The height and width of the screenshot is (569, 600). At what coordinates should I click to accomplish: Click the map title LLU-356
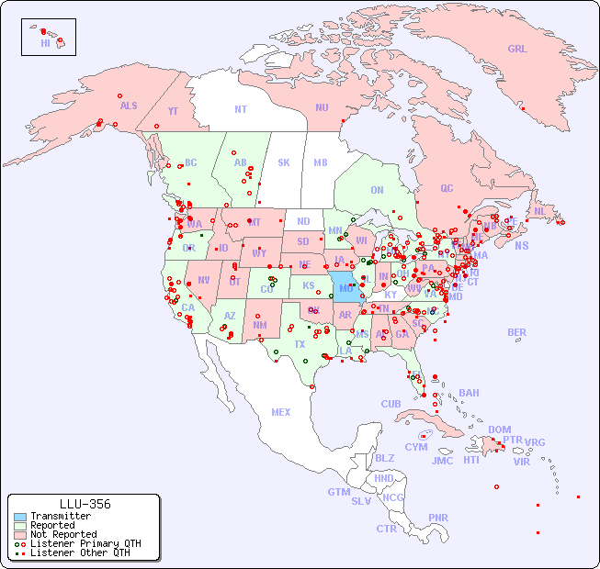pyautogui.click(x=85, y=504)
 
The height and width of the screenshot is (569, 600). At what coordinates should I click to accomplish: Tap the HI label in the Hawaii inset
pyautogui.click(x=45, y=43)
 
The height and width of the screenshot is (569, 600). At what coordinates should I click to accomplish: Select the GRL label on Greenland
pyautogui.click(x=517, y=49)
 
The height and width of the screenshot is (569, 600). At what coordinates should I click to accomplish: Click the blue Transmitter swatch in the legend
pyautogui.click(x=19, y=517)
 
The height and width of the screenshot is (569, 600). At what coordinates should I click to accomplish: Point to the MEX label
pyautogui.click(x=281, y=412)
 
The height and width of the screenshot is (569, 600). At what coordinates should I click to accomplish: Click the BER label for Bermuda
pyautogui.click(x=516, y=332)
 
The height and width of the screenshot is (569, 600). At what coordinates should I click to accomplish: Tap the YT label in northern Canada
pyautogui.click(x=173, y=111)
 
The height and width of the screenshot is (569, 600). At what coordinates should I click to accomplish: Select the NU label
pyautogui.click(x=322, y=107)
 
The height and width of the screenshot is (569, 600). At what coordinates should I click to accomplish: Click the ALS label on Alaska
pyautogui.click(x=129, y=106)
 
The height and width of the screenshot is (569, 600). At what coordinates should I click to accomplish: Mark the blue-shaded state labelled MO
pyautogui.click(x=345, y=287)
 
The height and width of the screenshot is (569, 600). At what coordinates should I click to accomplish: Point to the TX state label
pyautogui.click(x=300, y=344)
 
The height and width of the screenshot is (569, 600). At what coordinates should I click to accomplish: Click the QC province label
pyautogui.click(x=447, y=188)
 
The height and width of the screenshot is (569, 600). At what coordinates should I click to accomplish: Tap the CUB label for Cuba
pyautogui.click(x=391, y=404)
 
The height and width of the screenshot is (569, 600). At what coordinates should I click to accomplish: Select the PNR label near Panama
pyautogui.click(x=438, y=518)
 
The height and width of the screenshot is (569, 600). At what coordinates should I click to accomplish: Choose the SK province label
pyautogui.click(x=284, y=162)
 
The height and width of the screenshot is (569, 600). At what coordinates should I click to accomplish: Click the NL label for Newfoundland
pyautogui.click(x=539, y=210)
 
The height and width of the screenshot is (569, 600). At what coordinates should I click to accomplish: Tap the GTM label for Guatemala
pyautogui.click(x=338, y=492)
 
